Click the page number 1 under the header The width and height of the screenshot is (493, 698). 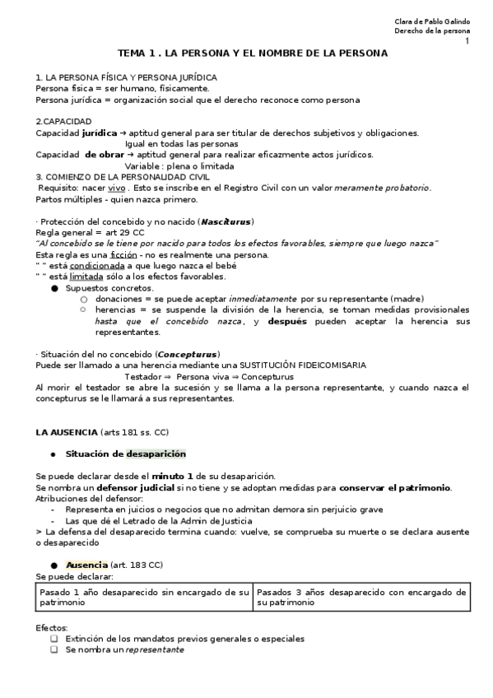pyautogui.click(x=467, y=41)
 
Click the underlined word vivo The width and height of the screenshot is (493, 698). pyautogui.click(x=117, y=188)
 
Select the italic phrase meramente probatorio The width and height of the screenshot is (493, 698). pyautogui.click(x=381, y=188)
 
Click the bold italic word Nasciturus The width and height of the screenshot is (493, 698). pyautogui.click(x=228, y=222)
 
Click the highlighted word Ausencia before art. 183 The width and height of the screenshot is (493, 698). pyautogui.click(x=86, y=565)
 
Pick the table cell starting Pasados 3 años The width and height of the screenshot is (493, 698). pyautogui.click(x=360, y=597)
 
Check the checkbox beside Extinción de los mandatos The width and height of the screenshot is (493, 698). pyautogui.click(x=54, y=638)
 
